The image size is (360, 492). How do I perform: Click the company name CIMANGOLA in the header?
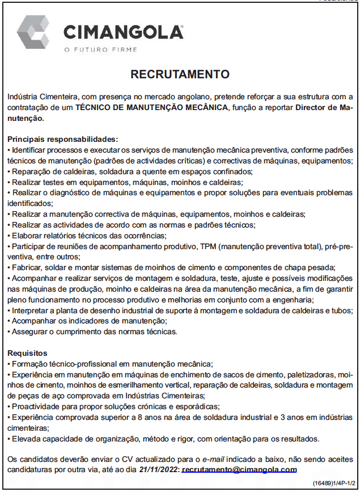[123, 32]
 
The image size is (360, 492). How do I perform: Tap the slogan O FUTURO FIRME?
[101, 50]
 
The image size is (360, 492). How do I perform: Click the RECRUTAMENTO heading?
[180, 74]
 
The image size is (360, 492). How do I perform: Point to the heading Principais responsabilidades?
[63, 139]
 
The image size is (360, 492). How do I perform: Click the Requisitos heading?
[27, 353]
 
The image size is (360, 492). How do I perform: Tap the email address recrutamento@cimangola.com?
[239, 469]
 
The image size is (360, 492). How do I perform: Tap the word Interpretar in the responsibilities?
[29, 310]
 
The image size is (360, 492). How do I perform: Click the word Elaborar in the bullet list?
[27, 236]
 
